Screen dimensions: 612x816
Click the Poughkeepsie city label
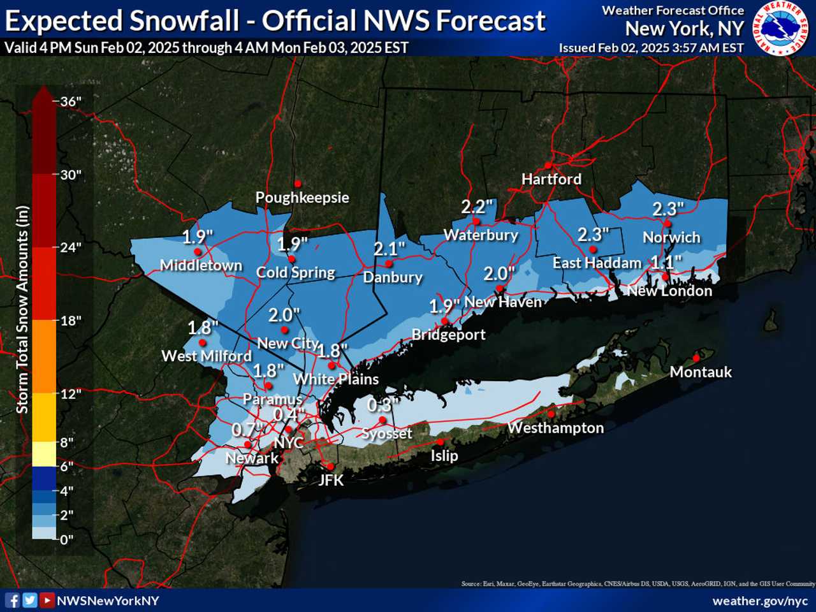(x=302, y=197)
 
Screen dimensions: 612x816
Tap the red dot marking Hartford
(x=548, y=166)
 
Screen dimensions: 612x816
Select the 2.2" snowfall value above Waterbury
(x=477, y=207)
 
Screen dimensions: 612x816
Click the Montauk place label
(x=701, y=372)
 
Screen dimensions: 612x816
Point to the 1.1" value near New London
(x=666, y=262)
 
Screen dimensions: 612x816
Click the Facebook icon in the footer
(x=12, y=600)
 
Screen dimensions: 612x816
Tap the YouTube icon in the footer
(x=47, y=600)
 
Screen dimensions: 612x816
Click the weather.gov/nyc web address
(x=760, y=601)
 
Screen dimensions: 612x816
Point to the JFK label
(x=331, y=480)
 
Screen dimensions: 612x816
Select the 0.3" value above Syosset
(x=381, y=405)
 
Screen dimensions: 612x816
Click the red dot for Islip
(x=440, y=442)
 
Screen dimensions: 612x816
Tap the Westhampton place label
(x=555, y=428)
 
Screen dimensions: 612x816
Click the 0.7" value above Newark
(x=247, y=430)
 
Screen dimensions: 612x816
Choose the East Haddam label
(x=597, y=263)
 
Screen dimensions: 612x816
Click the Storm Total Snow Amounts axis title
(x=22, y=309)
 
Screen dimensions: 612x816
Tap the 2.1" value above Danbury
(x=389, y=249)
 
